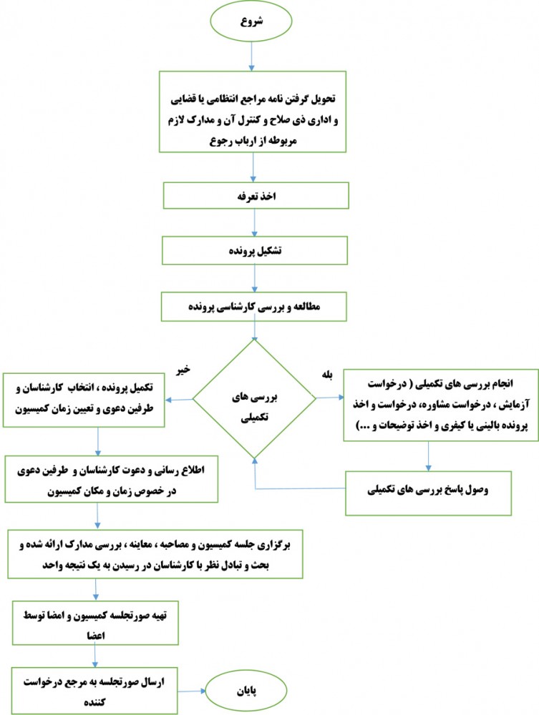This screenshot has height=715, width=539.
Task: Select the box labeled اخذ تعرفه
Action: (x=256, y=196)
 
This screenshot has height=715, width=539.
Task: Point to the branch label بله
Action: (x=327, y=375)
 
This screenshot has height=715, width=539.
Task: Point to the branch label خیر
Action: (x=183, y=370)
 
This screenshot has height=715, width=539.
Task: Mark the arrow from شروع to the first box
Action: (x=251, y=56)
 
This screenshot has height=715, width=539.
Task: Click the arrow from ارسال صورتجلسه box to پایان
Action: (x=192, y=691)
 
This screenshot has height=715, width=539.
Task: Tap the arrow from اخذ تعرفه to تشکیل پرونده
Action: (x=254, y=223)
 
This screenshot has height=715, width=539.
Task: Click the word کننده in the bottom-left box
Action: (x=94, y=702)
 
